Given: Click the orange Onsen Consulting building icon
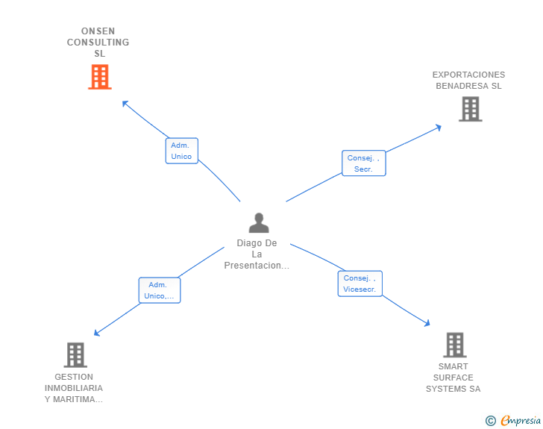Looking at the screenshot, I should (x=99, y=77).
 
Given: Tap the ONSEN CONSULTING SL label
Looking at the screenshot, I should (x=98, y=43).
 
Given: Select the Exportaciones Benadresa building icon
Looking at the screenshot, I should (x=469, y=109).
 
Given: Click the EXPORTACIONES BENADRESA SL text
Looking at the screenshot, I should (x=468, y=80).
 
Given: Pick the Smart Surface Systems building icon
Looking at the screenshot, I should (x=454, y=345).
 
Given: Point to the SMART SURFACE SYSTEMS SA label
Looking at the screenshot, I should (x=453, y=378).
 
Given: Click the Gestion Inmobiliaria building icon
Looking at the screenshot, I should (x=75, y=355).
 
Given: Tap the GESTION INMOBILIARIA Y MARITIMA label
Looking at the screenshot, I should (x=74, y=388).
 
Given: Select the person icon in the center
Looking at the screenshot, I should (x=258, y=222).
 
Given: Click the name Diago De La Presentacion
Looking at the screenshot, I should (x=257, y=254).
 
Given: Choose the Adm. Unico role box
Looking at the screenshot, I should (x=181, y=151).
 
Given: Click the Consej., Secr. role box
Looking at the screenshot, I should (x=363, y=163).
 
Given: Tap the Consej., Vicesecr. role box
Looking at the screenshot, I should (x=360, y=284).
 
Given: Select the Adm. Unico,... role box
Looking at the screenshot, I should (x=160, y=290).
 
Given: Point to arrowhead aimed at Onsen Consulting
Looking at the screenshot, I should (x=125, y=103).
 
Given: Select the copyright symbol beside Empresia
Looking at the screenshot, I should (x=490, y=421).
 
